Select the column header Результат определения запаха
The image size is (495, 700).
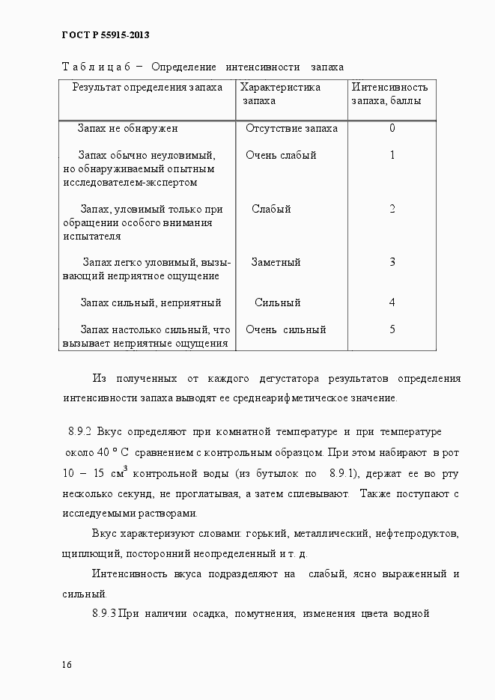click(148, 88)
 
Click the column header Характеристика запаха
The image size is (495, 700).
click(280, 94)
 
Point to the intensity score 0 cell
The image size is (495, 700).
click(392, 128)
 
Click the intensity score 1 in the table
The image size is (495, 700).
click(392, 155)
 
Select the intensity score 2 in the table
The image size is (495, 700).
click(392, 209)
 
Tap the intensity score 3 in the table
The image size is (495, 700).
click(392, 262)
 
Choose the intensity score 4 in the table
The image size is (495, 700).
click(392, 302)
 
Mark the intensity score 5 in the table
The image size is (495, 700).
click(392, 329)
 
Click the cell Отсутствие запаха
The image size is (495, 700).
click(291, 128)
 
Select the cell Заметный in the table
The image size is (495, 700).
click(276, 263)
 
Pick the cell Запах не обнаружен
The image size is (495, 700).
click(127, 128)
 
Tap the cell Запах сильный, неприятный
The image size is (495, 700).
click(151, 303)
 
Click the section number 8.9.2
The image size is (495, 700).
click(79, 433)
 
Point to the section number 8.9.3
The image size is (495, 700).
click(103, 615)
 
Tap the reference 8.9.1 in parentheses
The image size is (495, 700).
click(343, 473)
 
